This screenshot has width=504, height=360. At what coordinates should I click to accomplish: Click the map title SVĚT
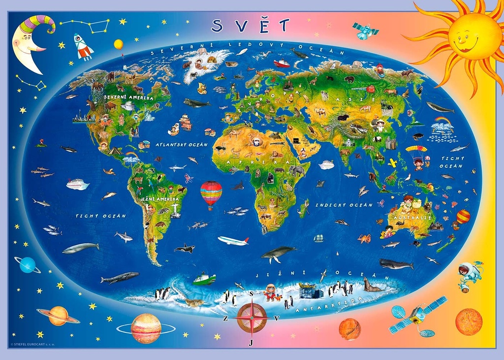(x=251, y=25)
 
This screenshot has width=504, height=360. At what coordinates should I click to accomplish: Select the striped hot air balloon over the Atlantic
(x=211, y=193)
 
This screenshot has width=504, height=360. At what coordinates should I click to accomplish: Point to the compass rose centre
(x=252, y=318)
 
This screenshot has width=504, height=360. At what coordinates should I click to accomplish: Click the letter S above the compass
(x=252, y=295)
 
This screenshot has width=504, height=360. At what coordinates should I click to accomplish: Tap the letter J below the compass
(x=251, y=343)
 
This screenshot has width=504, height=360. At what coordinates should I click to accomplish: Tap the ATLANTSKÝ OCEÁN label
(x=182, y=145)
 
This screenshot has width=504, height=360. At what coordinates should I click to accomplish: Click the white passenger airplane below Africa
(x=233, y=241)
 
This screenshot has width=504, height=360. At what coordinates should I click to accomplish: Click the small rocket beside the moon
(x=83, y=47)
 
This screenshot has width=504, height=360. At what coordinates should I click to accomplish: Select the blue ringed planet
(x=27, y=265)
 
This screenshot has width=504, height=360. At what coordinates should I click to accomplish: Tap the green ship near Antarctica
(x=204, y=279)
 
